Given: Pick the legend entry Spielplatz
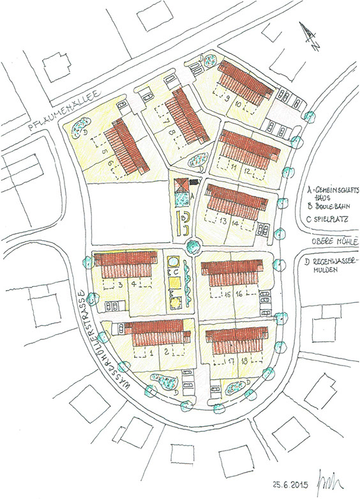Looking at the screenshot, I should point(329,223).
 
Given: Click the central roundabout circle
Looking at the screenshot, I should point(191,245).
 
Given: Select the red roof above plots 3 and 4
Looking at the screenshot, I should point(126,259).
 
